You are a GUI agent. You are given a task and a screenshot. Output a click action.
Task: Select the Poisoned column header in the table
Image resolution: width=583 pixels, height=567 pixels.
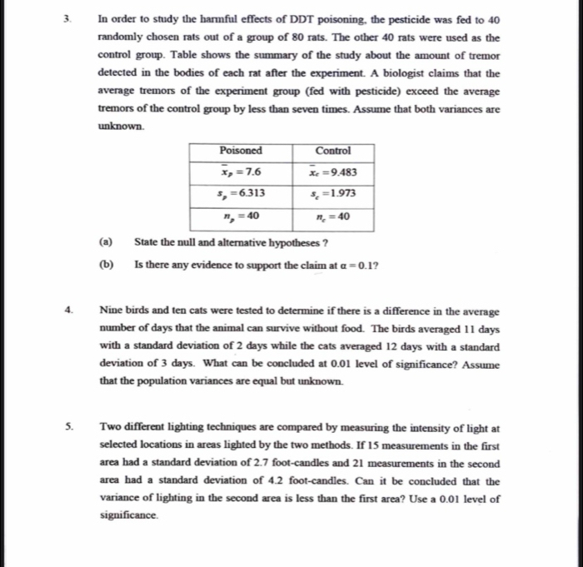click(241, 151)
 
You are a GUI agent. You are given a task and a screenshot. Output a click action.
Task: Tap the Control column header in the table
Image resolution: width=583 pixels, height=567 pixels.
click(333, 151)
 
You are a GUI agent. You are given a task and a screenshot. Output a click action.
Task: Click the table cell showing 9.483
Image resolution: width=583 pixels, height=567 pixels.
click(333, 172)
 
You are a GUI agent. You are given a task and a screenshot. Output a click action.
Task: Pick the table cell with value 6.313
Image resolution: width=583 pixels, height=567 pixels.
click(241, 193)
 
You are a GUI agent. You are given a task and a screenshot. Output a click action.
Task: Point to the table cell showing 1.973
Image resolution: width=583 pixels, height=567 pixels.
click(333, 193)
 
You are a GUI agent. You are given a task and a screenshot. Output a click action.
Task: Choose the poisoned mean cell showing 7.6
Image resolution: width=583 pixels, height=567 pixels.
click(241, 172)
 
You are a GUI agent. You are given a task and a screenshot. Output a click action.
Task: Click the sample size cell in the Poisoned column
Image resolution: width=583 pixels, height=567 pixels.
click(241, 216)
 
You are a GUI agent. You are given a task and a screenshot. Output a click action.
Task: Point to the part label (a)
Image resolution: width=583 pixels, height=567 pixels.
click(107, 243)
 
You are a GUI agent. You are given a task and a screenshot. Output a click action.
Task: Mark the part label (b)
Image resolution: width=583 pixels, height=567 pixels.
click(107, 265)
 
